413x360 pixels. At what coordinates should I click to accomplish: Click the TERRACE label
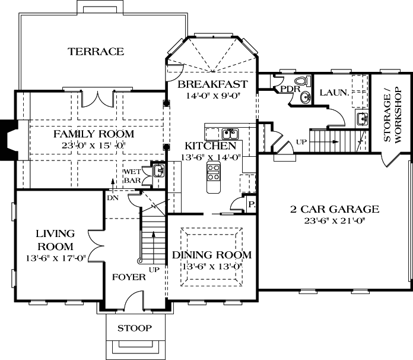point(96,52)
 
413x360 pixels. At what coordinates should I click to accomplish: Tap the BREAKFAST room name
point(212,84)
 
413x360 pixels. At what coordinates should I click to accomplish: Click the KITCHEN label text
point(210,146)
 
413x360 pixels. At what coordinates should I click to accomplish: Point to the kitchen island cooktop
point(213,172)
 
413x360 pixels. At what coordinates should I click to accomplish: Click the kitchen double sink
point(231,133)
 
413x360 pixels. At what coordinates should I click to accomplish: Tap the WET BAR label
point(132,176)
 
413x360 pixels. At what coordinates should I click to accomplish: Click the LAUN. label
point(331,93)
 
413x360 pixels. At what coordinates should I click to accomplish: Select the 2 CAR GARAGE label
point(334,209)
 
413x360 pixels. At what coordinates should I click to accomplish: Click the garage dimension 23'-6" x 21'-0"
point(334,220)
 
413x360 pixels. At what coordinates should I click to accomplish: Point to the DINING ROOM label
point(212,255)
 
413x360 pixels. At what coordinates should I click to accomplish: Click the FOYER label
point(129,277)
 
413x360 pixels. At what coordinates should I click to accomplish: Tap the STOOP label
point(134,328)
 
